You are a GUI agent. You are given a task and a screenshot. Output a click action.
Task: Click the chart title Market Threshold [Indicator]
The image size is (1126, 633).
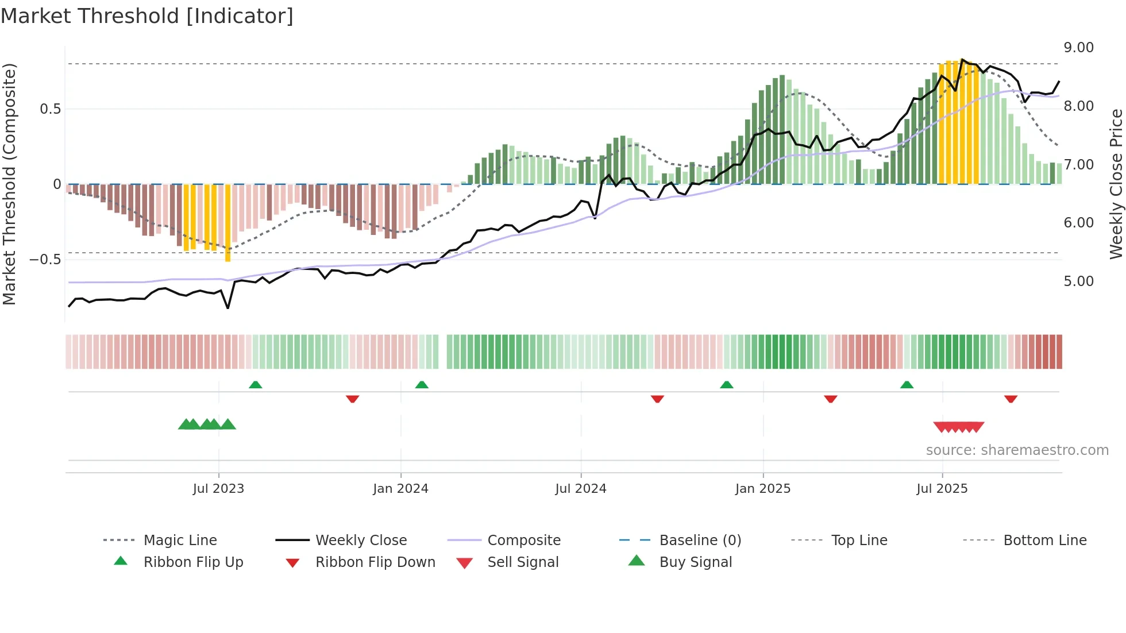147,16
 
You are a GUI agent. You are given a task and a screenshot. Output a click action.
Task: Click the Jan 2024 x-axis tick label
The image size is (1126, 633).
400,489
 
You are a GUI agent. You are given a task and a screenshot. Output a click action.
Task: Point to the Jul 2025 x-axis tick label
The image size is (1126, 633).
942,489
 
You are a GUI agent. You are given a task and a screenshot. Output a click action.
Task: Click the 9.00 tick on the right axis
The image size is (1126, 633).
1078,48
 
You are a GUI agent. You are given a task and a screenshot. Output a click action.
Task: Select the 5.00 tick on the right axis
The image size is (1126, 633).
1078,281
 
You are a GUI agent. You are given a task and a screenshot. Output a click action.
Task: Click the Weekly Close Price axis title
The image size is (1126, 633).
1116,184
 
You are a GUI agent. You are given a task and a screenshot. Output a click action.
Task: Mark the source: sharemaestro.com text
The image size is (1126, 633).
1017,450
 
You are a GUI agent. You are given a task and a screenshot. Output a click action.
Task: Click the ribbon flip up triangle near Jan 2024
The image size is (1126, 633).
422,385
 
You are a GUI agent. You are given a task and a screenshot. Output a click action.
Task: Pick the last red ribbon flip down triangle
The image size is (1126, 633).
1011,399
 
